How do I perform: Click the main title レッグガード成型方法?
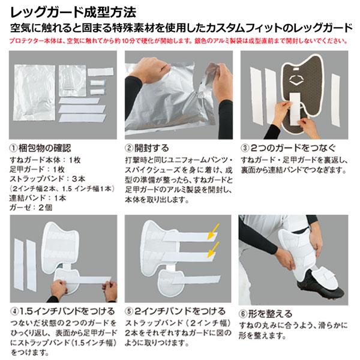coord(73,13)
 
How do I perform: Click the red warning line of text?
coord(178,41)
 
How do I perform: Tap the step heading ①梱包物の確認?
coord(40,148)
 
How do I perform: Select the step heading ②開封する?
coord(147,148)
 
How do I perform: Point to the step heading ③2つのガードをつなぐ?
coord(288,148)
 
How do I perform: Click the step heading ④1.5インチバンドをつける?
coord(62,311)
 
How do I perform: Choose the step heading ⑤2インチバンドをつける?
coord(175,311)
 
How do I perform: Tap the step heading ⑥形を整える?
coord(266,314)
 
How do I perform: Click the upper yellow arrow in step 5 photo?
coord(213,232)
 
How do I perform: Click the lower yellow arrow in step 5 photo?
coord(213,250)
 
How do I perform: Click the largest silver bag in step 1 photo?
coord(34,92)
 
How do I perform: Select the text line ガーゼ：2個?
coord(31,208)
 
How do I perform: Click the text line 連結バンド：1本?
coord(38,198)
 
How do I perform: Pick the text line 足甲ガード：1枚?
coord(37,169)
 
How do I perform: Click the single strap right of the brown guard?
coord(335,100)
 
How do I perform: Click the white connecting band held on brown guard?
coord(295,109)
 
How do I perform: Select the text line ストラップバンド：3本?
coord(47,179)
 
